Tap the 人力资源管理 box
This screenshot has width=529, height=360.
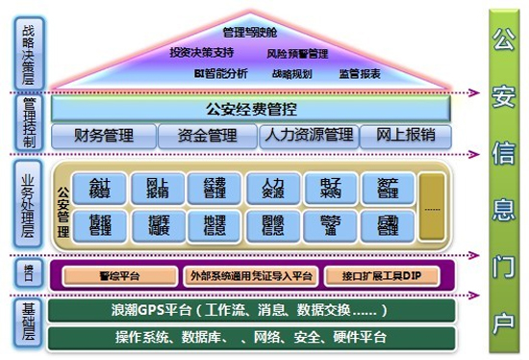306,136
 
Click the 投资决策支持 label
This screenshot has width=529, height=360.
201,52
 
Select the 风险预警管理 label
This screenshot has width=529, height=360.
297,53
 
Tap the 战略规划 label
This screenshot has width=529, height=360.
291,73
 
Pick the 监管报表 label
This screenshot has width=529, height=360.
359,73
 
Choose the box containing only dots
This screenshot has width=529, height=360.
434,206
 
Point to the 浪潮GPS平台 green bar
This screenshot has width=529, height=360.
248,312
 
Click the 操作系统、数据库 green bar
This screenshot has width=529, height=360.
248,337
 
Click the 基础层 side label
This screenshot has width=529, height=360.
27,323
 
